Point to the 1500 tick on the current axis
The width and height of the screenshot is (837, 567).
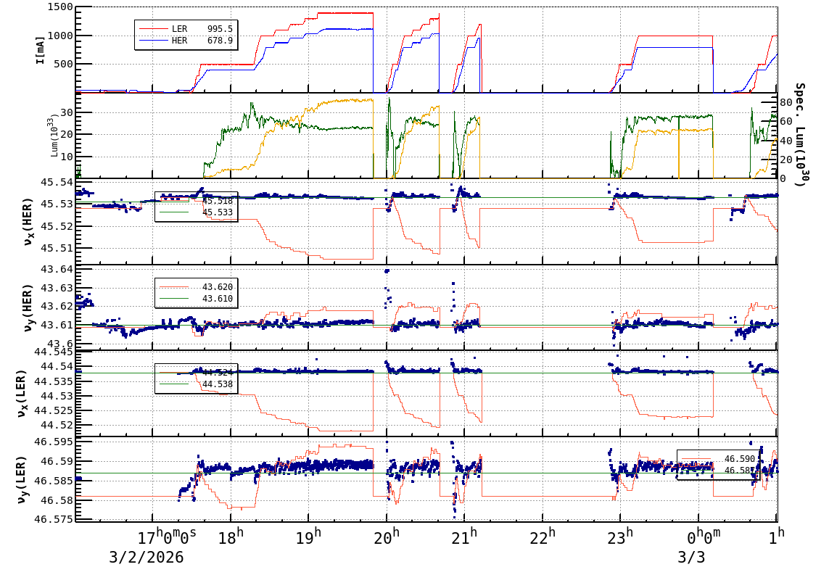(x=57, y=7)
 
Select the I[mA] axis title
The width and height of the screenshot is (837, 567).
(x=41, y=49)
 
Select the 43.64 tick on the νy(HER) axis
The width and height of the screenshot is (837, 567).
(x=57, y=270)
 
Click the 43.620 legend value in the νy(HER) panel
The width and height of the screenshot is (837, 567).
(x=218, y=287)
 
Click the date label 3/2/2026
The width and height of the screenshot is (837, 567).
(x=146, y=557)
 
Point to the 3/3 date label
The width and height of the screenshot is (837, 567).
(x=690, y=557)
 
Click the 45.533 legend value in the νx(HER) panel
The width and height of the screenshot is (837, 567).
(x=218, y=212)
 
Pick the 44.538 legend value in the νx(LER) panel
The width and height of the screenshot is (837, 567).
(x=218, y=384)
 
